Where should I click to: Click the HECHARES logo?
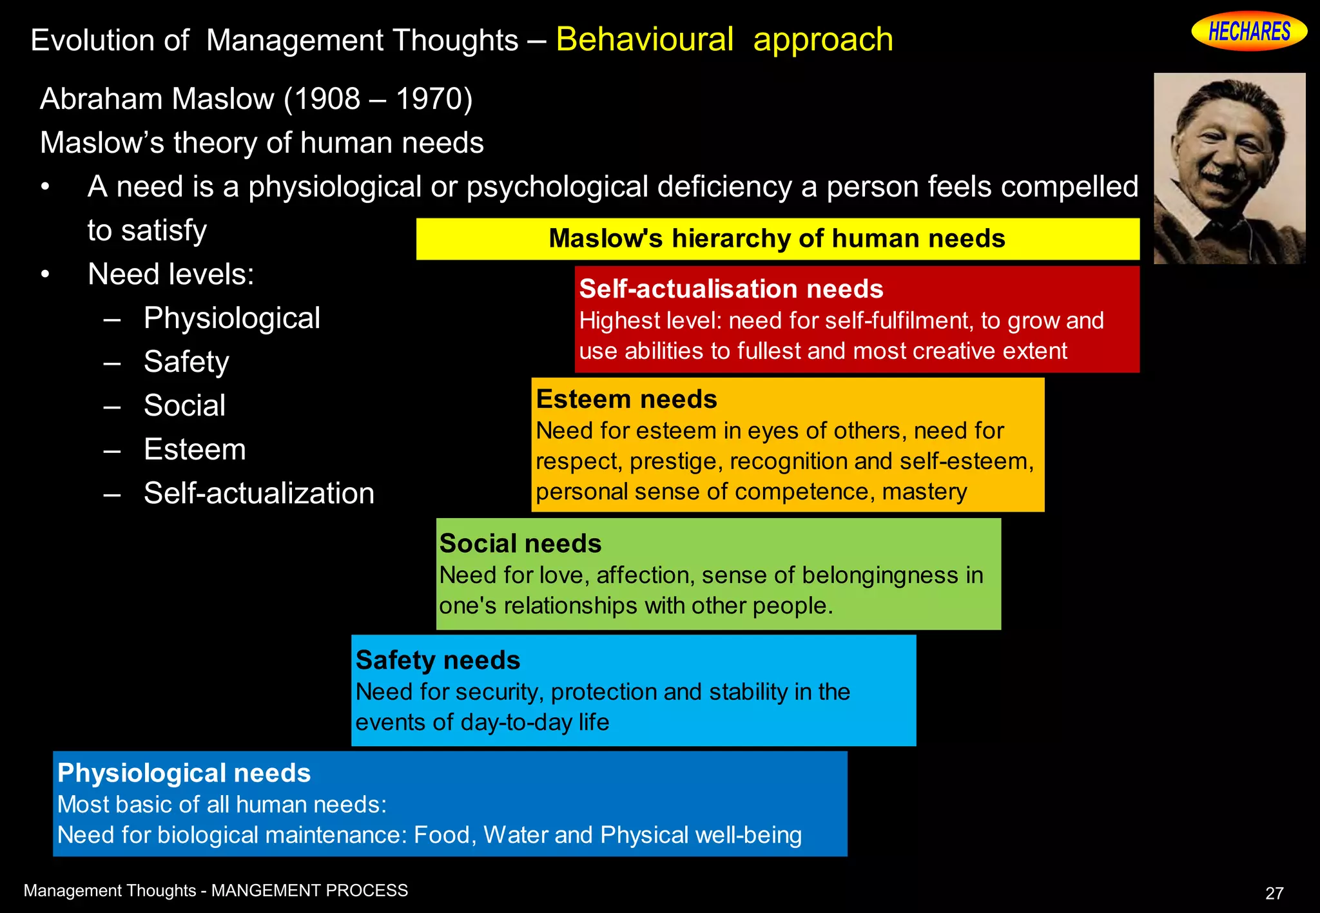pyautogui.click(x=1248, y=31)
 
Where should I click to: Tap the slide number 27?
pyautogui.click(x=1274, y=893)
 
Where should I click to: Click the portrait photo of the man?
pyautogui.click(x=1229, y=168)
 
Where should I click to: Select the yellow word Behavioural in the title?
pyautogui.click(x=645, y=40)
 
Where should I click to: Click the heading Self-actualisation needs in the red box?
pyautogui.click(x=731, y=289)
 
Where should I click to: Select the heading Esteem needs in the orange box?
pyautogui.click(x=626, y=399)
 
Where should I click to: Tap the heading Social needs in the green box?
pyautogui.click(x=520, y=544)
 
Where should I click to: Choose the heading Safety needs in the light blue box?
pyautogui.click(x=438, y=660)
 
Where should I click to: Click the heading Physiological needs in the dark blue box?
pyautogui.click(x=184, y=773)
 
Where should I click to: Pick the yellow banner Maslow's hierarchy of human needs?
pyautogui.click(x=777, y=238)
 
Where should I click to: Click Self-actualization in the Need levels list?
pyautogui.click(x=258, y=494)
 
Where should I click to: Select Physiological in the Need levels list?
pyautogui.click(x=232, y=318)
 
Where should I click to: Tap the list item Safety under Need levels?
pyautogui.click(x=186, y=362)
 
